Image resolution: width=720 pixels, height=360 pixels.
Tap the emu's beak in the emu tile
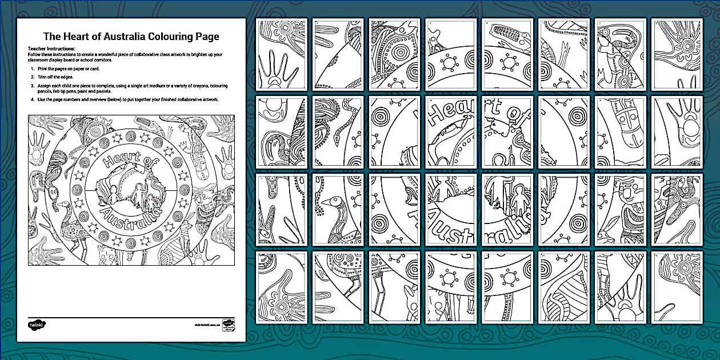(323, 201)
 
